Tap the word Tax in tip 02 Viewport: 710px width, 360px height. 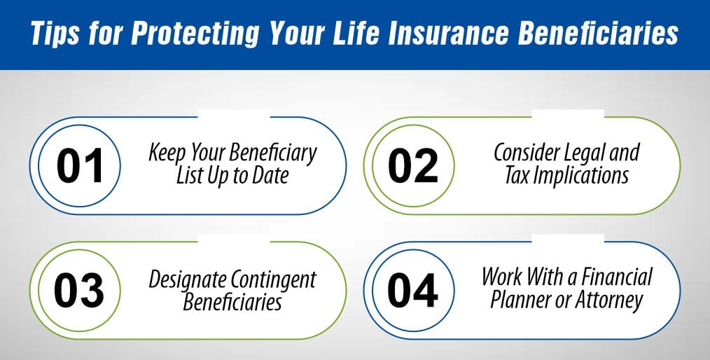tap(518, 176)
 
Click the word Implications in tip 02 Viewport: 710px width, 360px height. tap(580, 176)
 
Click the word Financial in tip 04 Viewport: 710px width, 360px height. tap(614, 276)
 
